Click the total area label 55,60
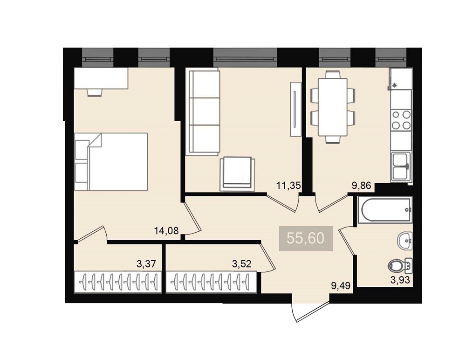(x=306, y=238)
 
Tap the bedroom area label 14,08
(x=166, y=230)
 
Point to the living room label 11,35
(x=288, y=186)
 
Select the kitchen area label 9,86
(x=362, y=186)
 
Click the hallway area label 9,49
(x=341, y=286)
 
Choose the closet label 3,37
(x=146, y=263)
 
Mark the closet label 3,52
(x=242, y=263)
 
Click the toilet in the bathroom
(x=400, y=266)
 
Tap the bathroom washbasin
(x=405, y=241)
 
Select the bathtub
(x=385, y=210)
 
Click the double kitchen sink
(x=401, y=166)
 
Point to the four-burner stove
(x=401, y=120)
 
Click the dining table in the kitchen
(x=333, y=107)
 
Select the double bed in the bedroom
(x=111, y=161)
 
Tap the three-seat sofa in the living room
(x=203, y=111)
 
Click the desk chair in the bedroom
(x=95, y=92)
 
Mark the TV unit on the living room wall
(x=296, y=109)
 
